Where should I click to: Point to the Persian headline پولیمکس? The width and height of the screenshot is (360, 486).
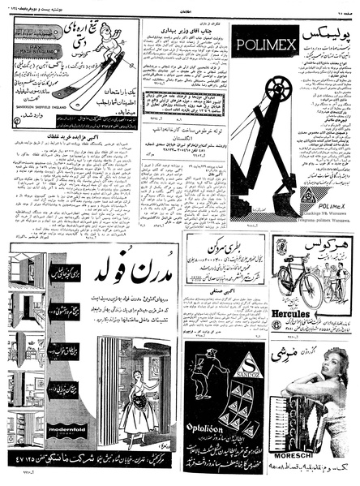[320, 37]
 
